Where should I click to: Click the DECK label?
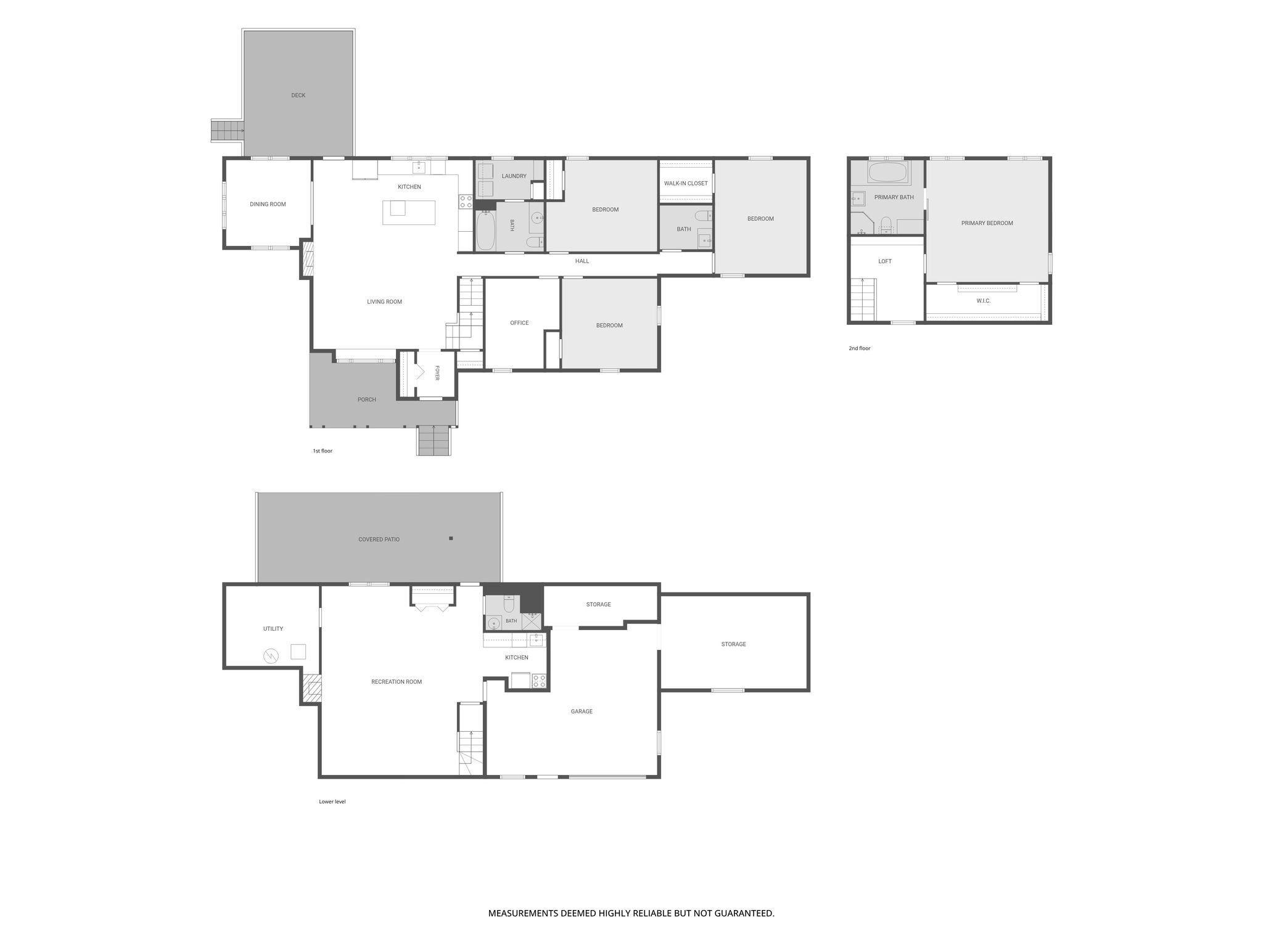pos(298,96)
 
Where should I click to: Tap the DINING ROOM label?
pos(268,204)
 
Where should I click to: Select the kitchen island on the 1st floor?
pos(409,212)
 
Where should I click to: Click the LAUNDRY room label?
pos(514,176)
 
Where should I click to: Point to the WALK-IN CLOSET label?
pos(686,184)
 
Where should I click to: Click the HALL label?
pos(582,261)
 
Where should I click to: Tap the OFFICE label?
pos(519,323)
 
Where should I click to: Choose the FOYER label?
pos(437,373)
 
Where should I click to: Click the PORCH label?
pos(367,400)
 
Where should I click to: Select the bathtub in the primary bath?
pos(887,172)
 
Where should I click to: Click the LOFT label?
pos(885,261)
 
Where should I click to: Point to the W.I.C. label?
pos(984,301)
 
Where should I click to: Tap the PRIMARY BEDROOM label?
pos(987,223)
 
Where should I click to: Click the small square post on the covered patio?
pos(451,538)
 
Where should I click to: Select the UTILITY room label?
pos(273,629)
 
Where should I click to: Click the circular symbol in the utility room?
pos(271,656)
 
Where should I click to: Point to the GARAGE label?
pos(582,711)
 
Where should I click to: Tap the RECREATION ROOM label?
pos(397,682)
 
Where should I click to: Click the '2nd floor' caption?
pos(859,348)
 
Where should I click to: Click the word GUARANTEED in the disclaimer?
pos(743,913)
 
